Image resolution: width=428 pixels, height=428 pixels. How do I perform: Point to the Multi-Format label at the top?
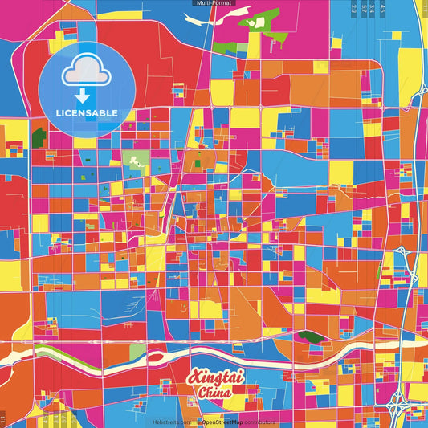(x=214, y=3)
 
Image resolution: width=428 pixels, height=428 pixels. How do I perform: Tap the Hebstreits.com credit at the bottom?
(x=171, y=422)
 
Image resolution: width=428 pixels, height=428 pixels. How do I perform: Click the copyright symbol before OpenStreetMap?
(x=198, y=422)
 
